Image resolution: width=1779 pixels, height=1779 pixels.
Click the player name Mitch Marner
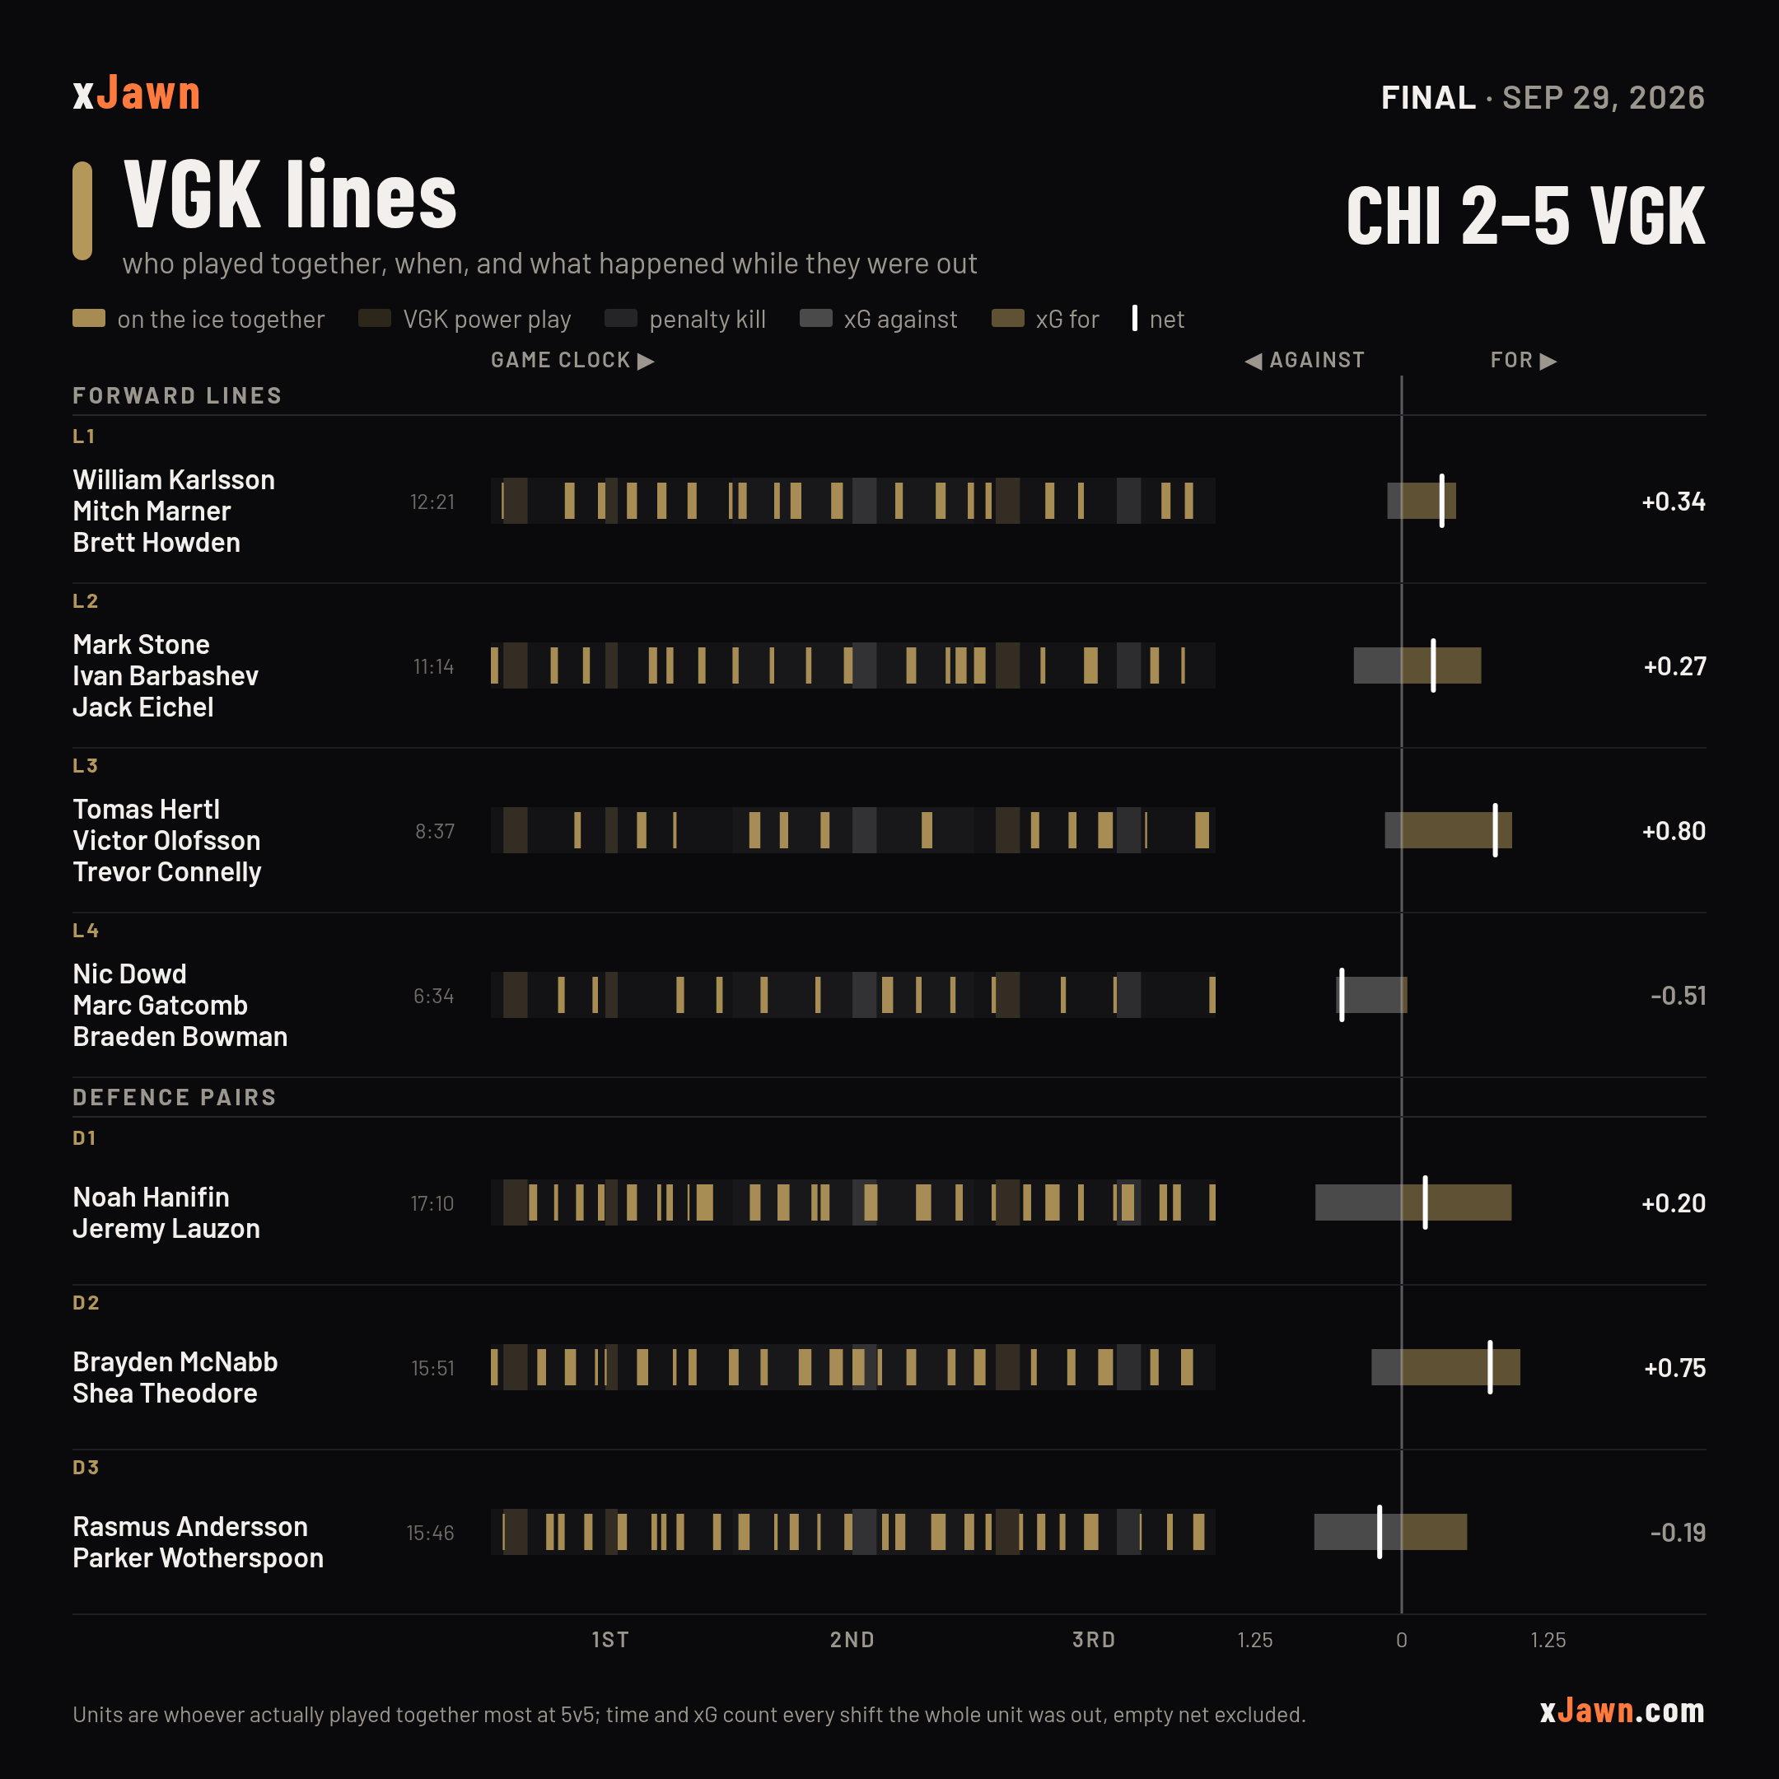tap(151, 511)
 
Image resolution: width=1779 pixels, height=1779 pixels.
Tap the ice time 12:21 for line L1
tap(432, 502)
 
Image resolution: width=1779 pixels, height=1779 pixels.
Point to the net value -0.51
tap(1678, 996)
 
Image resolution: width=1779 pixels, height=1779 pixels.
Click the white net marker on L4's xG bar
tap(1342, 994)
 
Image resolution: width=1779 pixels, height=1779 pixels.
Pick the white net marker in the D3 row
tap(1380, 1531)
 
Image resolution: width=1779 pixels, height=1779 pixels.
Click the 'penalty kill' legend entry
tap(685, 319)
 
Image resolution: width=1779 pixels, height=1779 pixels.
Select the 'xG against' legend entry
tap(879, 319)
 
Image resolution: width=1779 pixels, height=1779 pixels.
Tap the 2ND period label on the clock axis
tap(852, 1640)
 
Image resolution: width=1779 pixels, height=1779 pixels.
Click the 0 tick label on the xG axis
tap(1402, 1640)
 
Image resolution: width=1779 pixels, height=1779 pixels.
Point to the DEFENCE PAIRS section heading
tap(174, 1097)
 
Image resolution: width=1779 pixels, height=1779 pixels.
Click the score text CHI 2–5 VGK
tap(1525, 216)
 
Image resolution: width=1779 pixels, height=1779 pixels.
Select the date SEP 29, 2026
tap(1603, 98)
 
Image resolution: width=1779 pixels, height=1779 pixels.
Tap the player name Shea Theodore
tap(165, 1394)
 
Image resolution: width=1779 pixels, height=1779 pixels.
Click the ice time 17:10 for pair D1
tap(432, 1203)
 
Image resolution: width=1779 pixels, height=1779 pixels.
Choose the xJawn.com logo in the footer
tap(1622, 1710)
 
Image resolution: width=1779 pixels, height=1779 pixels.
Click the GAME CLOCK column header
tap(572, 360)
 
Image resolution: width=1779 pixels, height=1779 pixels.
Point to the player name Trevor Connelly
tap(166, 872)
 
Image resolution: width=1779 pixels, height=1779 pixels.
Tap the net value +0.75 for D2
tap(1674, 1367)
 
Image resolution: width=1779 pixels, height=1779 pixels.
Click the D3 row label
tap(86, 1467)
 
